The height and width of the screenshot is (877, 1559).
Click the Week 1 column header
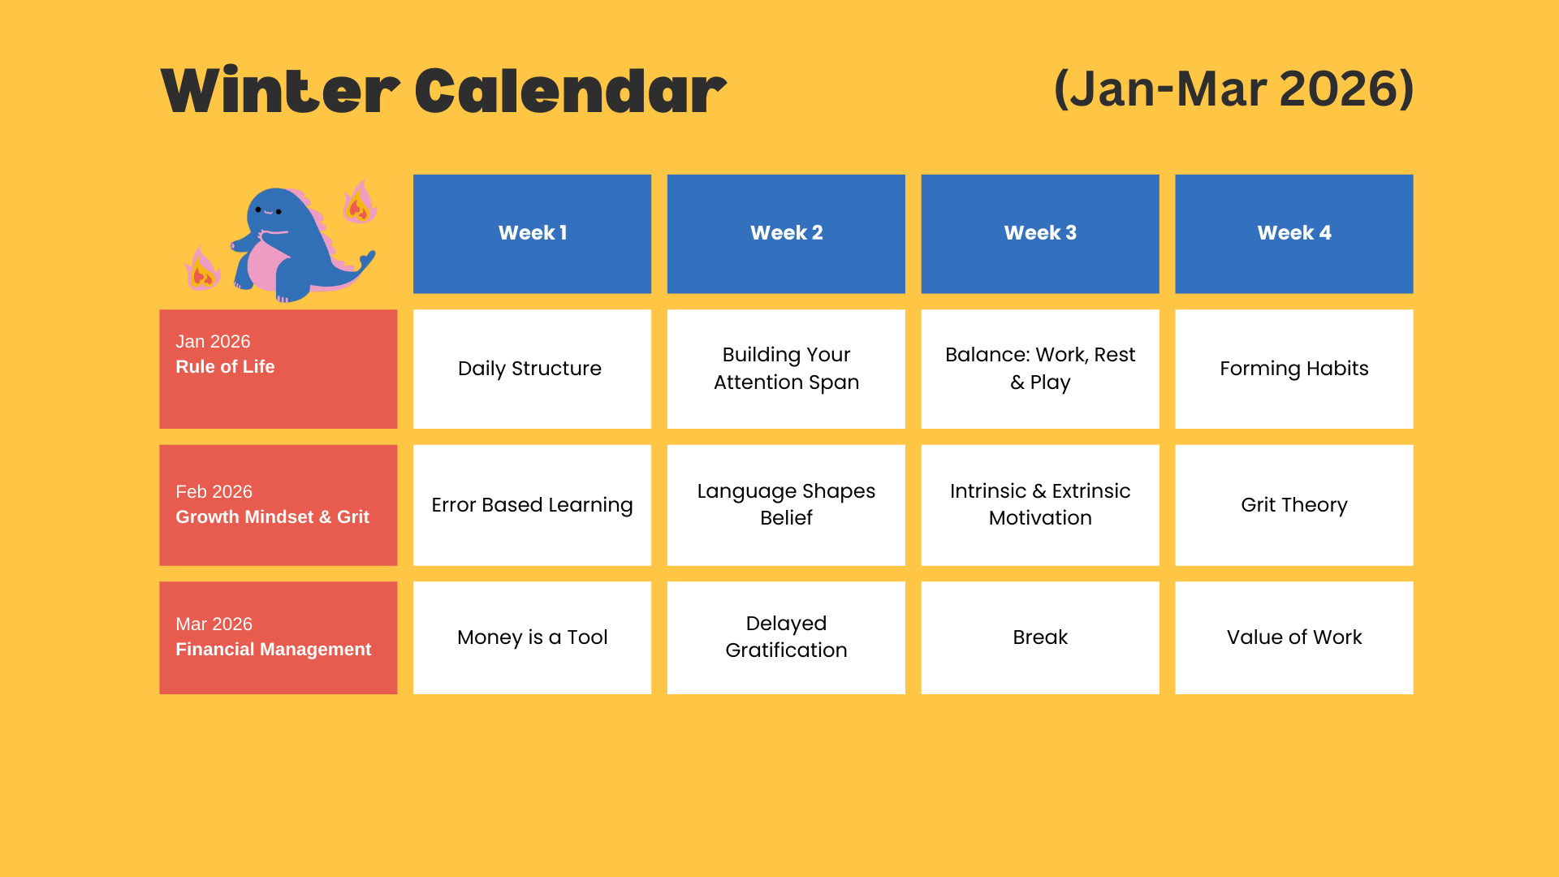pyautogui.click(x=532, y=234)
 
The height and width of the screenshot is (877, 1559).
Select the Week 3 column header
pyautogui.click(x=1040, y=234)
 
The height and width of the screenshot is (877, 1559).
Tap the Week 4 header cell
pyautogui.click(x=1294, y=234)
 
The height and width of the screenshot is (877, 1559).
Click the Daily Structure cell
pyautogui.click(x=532, y=369)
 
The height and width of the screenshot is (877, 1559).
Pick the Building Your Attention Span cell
pyautogui.click(x=786, y=369)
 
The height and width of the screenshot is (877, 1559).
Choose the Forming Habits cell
pyautogui.click(x=1294, y=369)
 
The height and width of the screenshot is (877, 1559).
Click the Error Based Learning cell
pyautogui.click(x=532, y=505)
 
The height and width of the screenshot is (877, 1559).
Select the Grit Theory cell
pyautogui.click(x=1294, y=505)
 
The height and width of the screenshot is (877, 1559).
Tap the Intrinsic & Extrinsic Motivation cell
pyautogui.click(x=1040, y=505)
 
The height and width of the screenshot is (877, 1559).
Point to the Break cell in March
pyautogui.click(x=1040, y=637)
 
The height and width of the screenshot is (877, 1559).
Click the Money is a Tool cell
pyautogui.click(x=532, y=637)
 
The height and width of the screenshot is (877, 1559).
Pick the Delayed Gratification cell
pyautogui.click(x=786, y=637)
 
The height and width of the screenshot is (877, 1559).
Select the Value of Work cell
pyautogui.click(x=1294, y=637)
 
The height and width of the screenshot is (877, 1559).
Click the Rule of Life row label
pyautogui.click(x=279, y=369)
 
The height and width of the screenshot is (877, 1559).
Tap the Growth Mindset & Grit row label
pyautogui.click(x=279, y=505)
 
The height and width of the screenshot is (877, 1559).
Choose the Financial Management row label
pyautogui.click(x=279, y=637)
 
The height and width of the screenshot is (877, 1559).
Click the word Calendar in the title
pyautogui.click(x=571, y=90)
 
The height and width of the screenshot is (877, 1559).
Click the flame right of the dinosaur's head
pyautogui.click(x=359, y=203)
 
